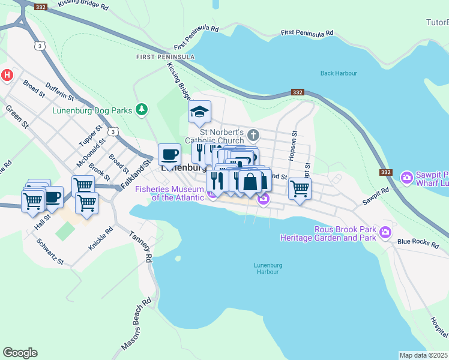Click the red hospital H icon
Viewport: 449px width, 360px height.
(x=7, y=75)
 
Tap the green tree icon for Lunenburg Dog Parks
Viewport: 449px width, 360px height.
(x=142, y=109)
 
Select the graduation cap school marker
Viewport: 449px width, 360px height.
(x=199, y=112)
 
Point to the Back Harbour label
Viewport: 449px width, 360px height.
(x=339, y=73)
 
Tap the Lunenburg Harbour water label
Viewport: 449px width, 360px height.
(x=267, y=268)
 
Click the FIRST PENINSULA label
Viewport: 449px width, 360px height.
(x=165, y=57)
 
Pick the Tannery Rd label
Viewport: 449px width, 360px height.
(x=142, y=247)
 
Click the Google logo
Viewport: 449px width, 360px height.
(x=20, y=353)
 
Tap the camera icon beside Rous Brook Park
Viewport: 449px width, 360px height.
(x=385, y=232)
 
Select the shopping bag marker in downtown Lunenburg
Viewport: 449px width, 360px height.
(x=250, y=181)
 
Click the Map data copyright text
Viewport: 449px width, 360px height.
(x=423, y=355)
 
